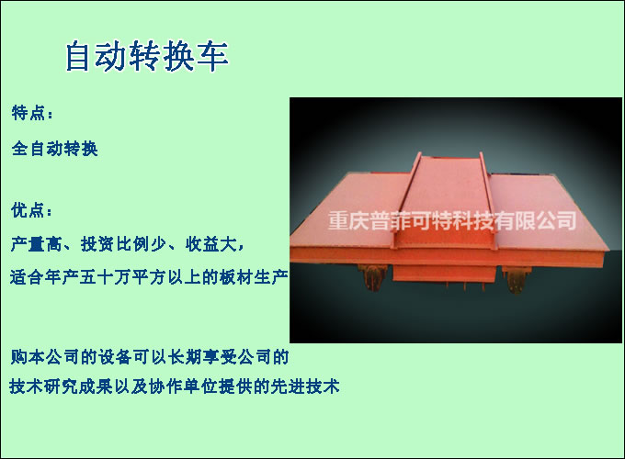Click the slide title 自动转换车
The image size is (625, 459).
click(146, 57)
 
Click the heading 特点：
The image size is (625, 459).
click(32, 114)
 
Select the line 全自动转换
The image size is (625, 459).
click(54, 148)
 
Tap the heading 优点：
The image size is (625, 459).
click(32, 210)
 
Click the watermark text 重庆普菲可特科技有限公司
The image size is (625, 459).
click(451, 221)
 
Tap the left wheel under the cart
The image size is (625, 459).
click(372, 279)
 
